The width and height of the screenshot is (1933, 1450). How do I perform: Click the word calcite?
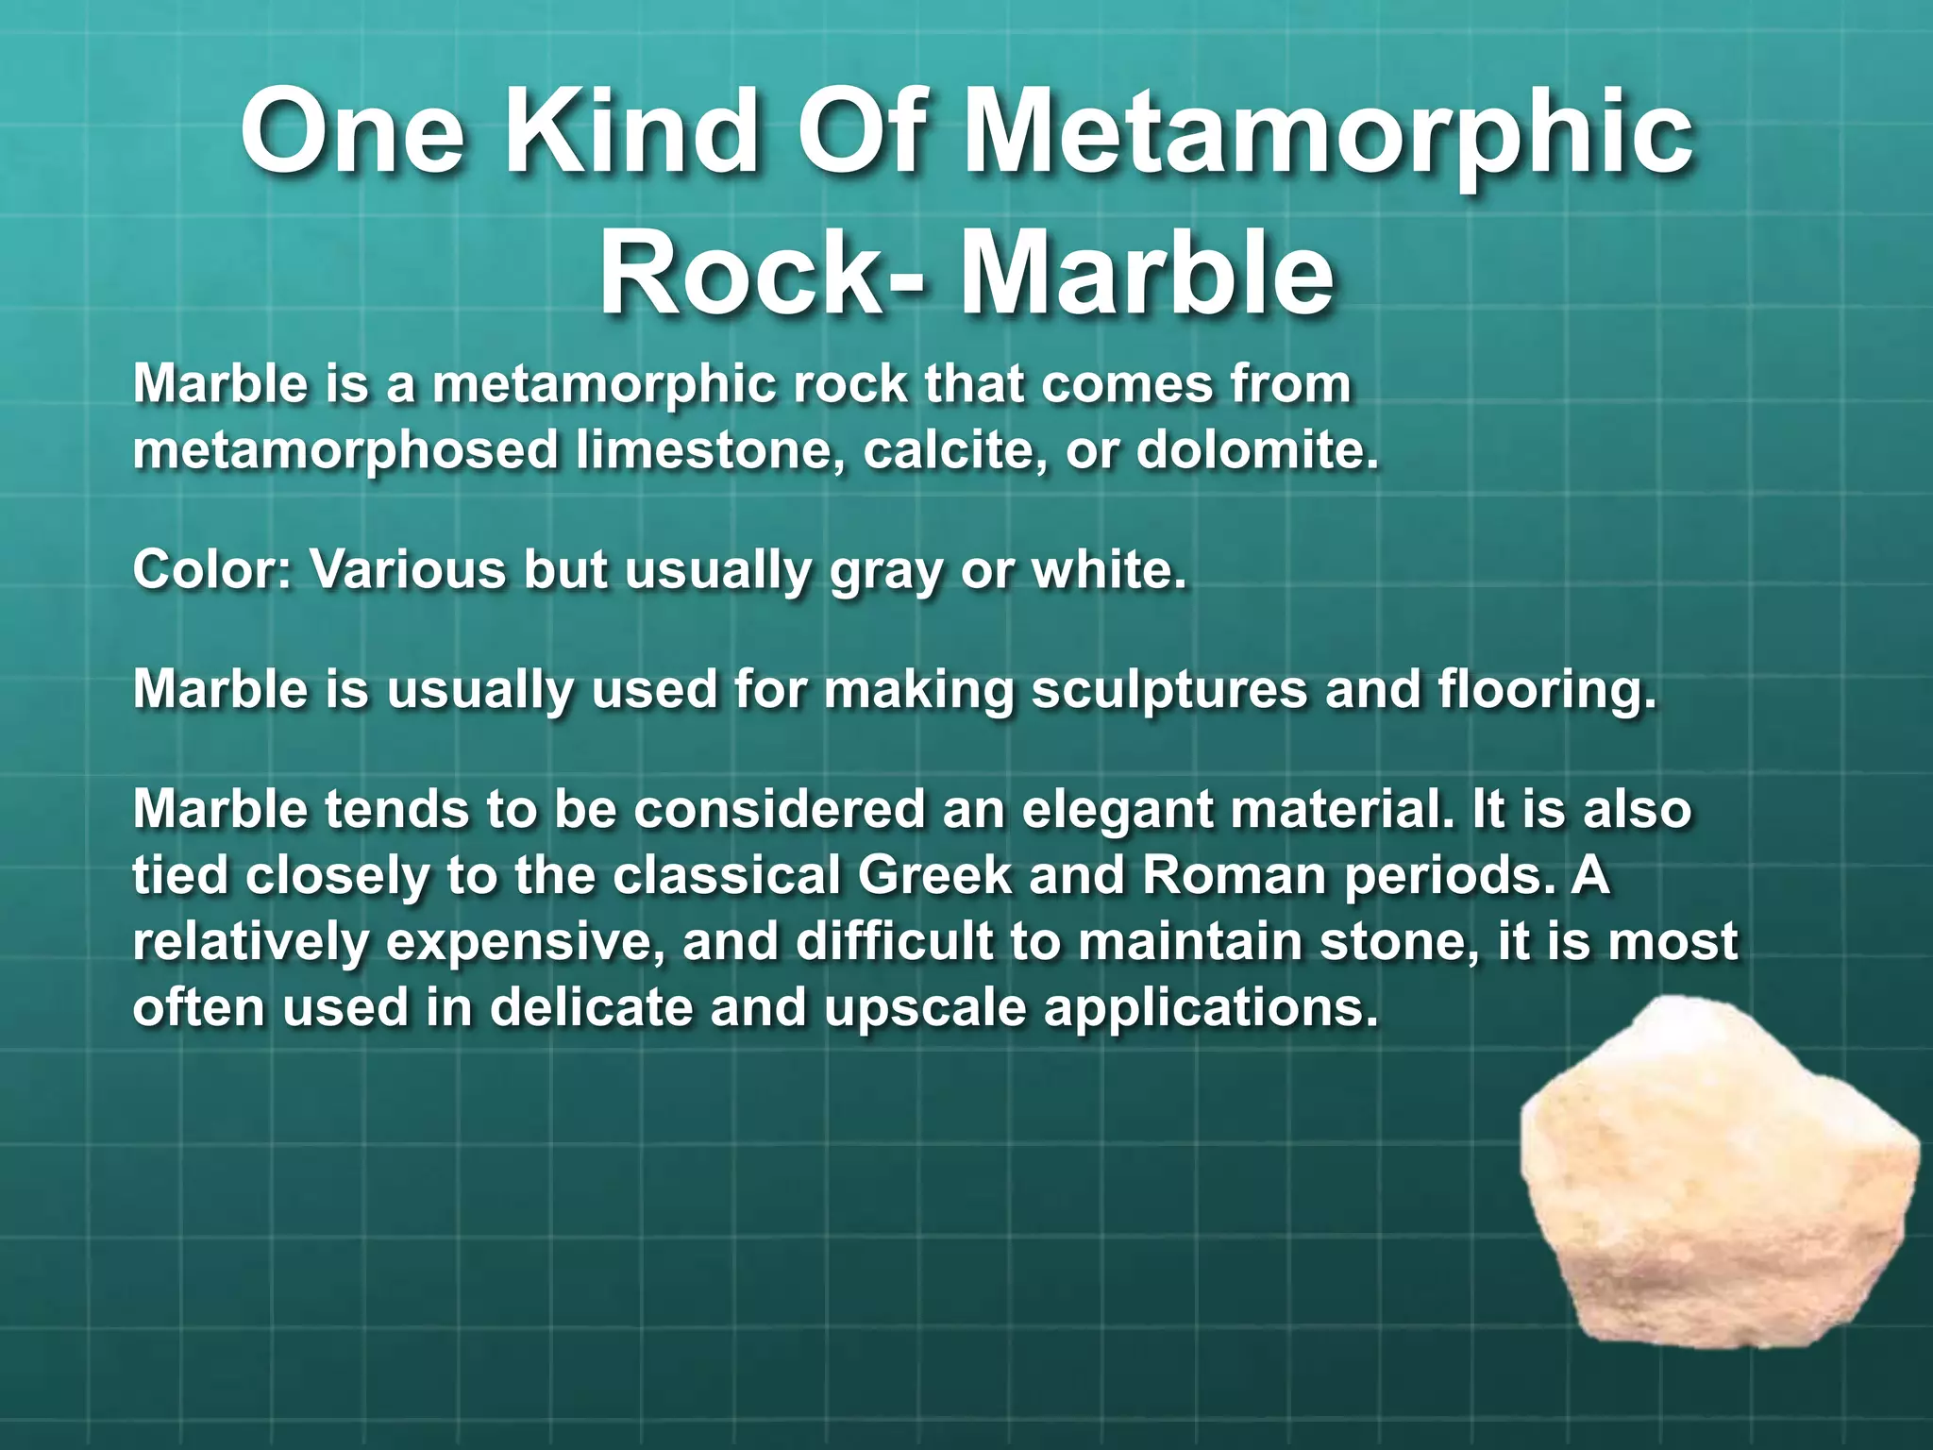[954, 450]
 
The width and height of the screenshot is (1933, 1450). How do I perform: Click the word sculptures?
[1168, 690]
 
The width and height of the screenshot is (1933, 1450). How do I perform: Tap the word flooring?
[1547, 690]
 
